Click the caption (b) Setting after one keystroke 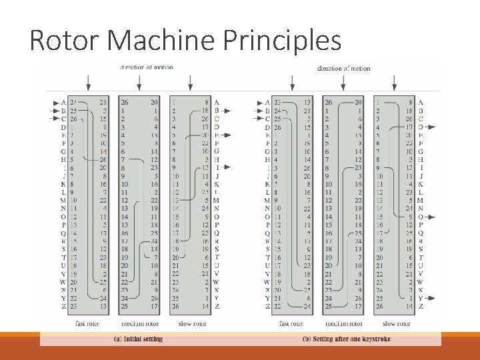346,339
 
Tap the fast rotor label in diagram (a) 88,323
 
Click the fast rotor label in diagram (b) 291,323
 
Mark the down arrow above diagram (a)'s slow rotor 191,83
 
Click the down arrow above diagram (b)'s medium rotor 343,83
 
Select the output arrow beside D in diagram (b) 431,127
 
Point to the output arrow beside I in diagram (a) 227,168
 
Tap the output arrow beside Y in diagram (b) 431,298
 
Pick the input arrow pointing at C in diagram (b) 258,119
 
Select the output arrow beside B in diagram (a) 227,111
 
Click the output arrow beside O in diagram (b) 431,217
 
